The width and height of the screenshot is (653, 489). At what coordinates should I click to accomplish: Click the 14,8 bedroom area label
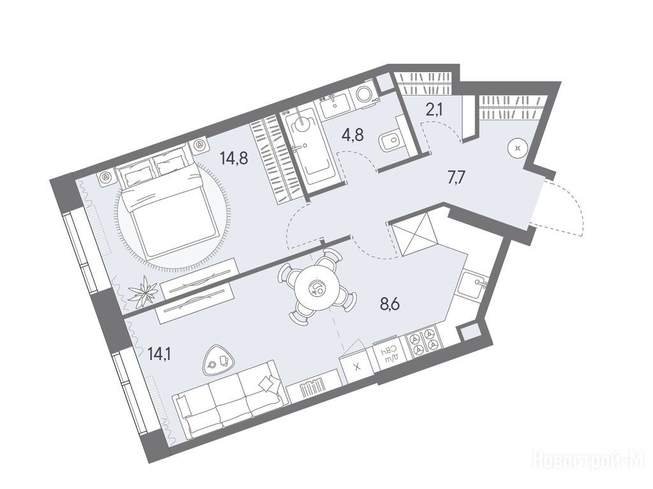pos(235,158)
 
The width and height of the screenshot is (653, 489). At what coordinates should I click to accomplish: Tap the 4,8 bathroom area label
pos(353,134)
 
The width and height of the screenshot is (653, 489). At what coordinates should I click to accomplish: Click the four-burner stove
pos(423,339)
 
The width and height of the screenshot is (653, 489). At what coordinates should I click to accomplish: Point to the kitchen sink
pos(474,284)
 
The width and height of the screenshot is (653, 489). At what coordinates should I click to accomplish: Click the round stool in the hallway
pos(518,148)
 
